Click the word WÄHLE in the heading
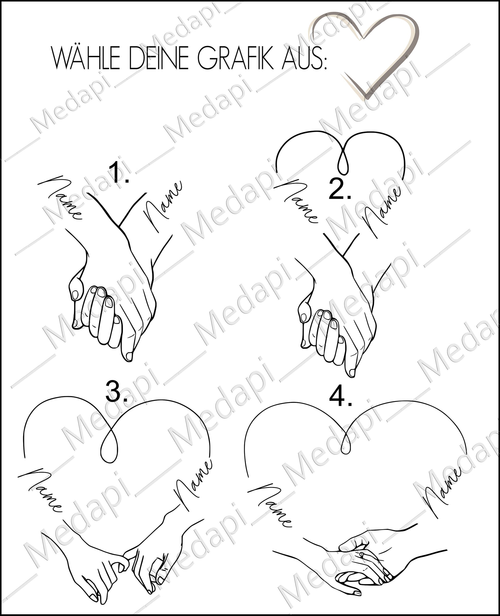coord(86,59)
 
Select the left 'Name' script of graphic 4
coord(270,505)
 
